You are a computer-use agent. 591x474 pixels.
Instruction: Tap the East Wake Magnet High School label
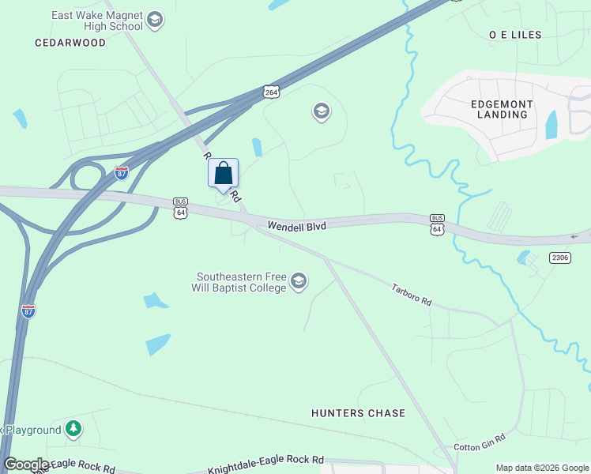coord(96,21)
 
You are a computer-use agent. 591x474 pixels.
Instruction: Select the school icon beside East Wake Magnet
coord(155,20)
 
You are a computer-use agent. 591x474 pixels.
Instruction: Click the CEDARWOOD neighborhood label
coord(70,43)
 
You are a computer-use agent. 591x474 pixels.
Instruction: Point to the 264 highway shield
coord(272,92)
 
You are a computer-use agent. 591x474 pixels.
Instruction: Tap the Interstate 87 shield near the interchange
coord(122,173)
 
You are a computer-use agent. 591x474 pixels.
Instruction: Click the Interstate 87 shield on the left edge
coord(28,310)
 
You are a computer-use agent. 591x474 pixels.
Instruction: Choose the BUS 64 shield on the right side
coord(437,224)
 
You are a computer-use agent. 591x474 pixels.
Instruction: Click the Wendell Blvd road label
coord(296,226)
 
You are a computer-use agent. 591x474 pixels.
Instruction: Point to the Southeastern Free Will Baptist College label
coord(241,282)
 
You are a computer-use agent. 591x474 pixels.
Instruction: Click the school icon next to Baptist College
coord(299,281)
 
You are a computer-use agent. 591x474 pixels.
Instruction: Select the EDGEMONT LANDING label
coord(502,109)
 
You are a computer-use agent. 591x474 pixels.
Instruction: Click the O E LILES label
coord(515,35)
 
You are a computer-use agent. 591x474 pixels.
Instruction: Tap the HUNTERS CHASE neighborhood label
coord(358,413)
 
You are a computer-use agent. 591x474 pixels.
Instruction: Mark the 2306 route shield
coord(559,258)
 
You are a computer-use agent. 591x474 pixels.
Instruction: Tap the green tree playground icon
coord(73,429)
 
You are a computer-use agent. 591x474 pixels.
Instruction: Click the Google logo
coord(26,465)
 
